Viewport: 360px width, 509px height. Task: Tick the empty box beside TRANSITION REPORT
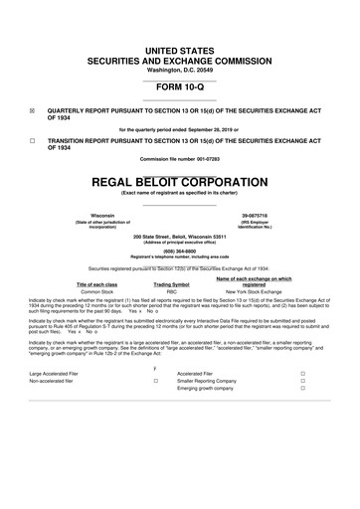click(x=34, y=141)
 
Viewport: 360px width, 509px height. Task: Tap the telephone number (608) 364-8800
click(x=180, y=251)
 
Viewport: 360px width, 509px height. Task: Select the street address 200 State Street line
click(x=180, y=237)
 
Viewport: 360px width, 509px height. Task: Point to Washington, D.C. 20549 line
click(x=180, y=39)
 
